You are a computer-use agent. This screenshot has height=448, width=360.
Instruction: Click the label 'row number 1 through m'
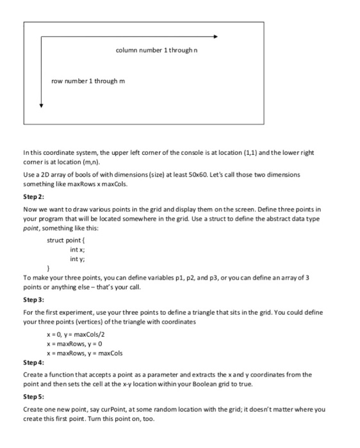88,81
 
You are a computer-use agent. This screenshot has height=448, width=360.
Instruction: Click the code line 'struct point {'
67,240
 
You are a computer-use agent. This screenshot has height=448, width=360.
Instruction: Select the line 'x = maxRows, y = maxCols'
84,353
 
